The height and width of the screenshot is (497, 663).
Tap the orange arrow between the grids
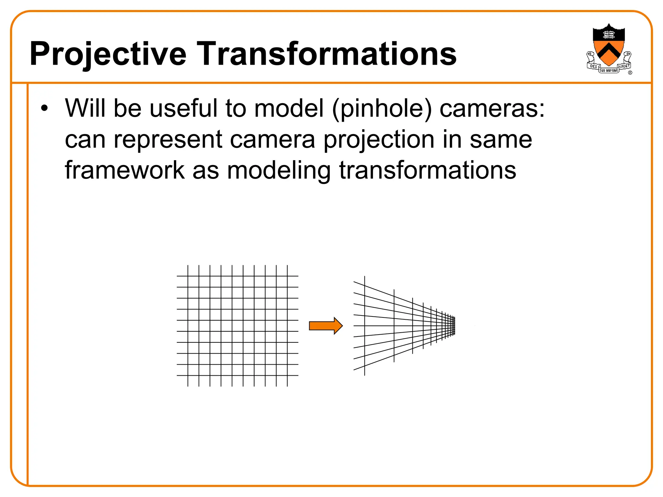tap(325, 326)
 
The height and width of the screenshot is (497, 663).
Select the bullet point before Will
tap(44, 108)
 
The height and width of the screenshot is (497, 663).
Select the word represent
tap(168, 140)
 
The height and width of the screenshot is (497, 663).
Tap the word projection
tap(379, 140)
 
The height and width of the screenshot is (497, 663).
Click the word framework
tap(125, 170)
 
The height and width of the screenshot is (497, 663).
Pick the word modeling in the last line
tap(279, 170)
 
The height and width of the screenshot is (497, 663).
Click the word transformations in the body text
tap(427, 170)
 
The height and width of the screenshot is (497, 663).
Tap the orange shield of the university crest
tap(609, 52)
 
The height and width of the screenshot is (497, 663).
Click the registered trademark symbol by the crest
tap(630, 73)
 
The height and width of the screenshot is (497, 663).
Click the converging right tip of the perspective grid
tap(455, 326)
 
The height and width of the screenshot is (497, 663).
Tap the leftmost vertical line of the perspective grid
tap(365, 326)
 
